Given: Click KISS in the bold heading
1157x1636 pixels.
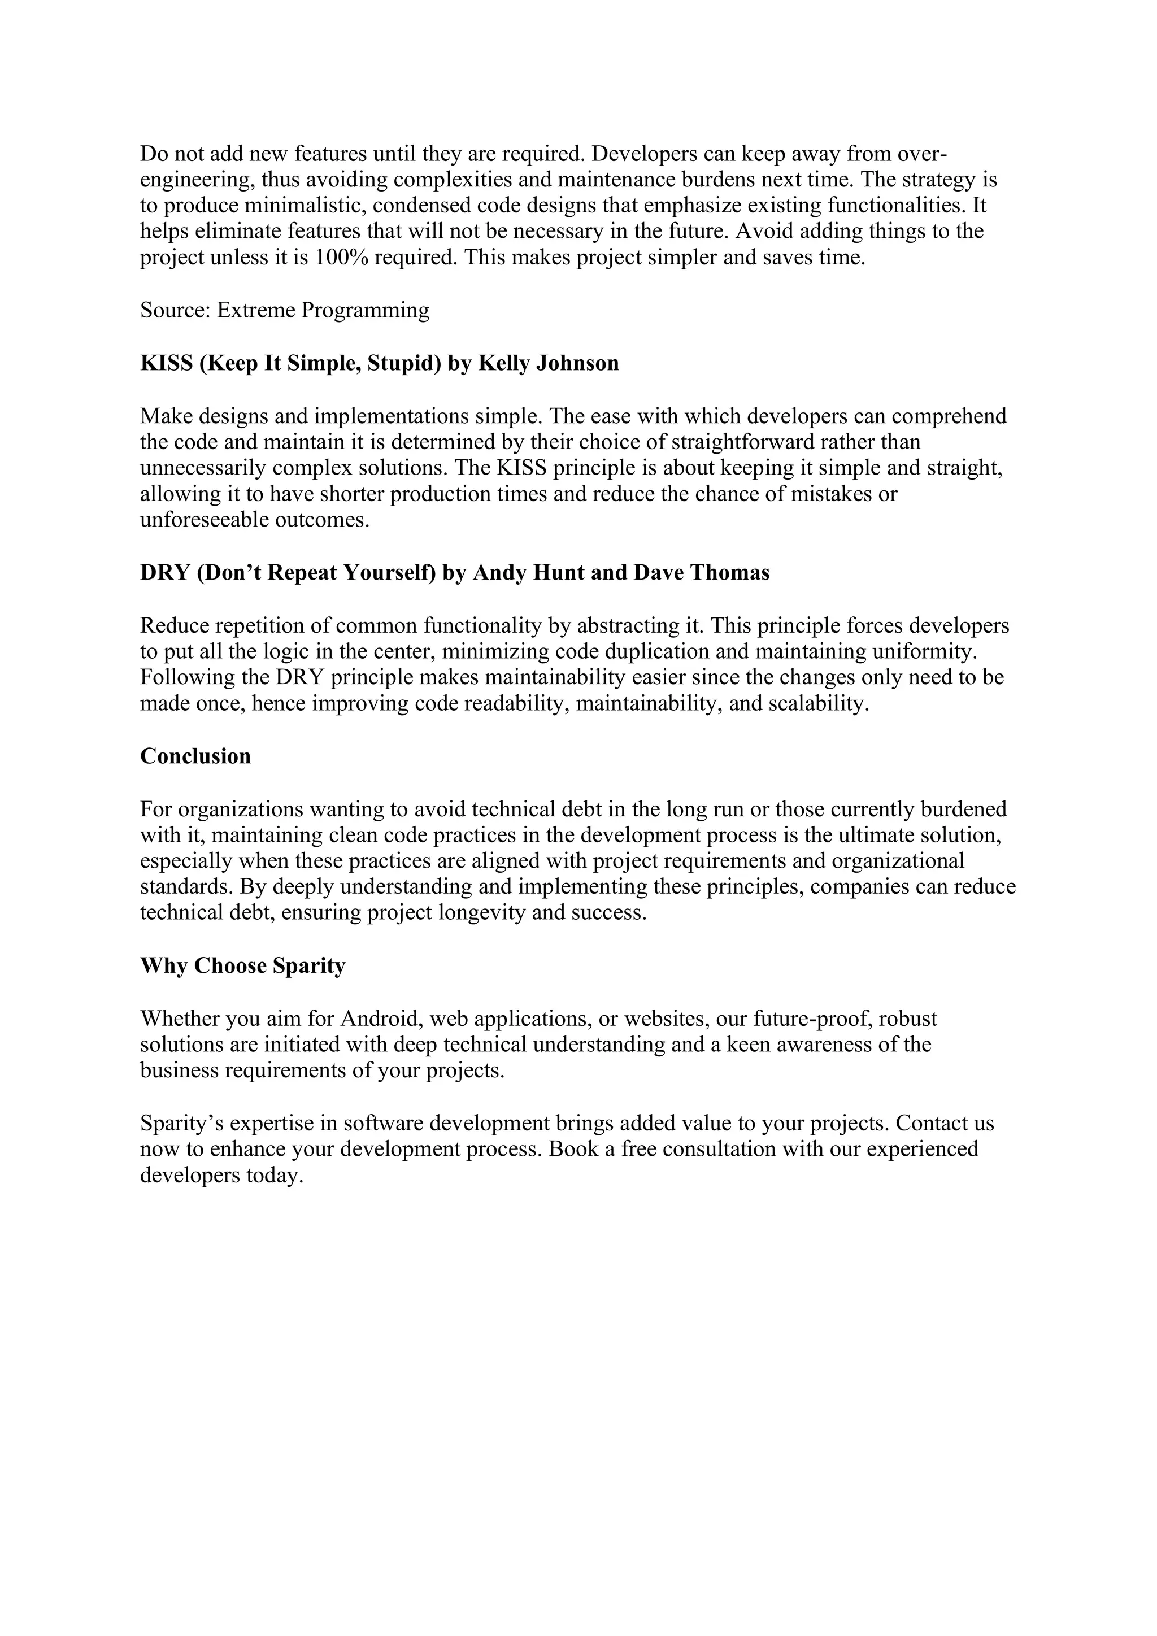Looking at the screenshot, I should [x=166, y=363].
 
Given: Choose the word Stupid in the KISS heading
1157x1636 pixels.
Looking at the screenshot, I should [x=402, y=363].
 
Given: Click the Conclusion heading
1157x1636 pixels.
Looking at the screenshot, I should [x=196, y=756].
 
